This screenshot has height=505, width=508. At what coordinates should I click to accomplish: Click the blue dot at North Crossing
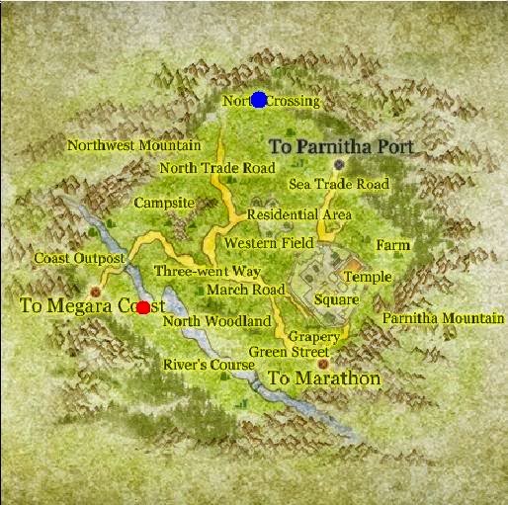click(259, 100)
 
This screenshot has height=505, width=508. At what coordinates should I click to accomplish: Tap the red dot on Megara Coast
click(143, 307)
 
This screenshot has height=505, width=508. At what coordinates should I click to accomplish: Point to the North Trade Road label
click(217, 168)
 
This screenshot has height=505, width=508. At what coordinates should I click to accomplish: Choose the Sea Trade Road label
click(339, 185)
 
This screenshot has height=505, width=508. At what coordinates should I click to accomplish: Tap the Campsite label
click(164, 203)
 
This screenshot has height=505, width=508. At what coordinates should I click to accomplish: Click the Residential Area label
click(299, 214)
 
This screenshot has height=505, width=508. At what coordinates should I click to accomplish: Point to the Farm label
click(392, 245)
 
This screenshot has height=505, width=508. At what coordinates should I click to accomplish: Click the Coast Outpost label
click(79, 259)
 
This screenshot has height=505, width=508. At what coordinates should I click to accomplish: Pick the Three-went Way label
click(208, 271)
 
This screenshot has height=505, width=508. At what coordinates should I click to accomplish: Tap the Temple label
click(367, 278)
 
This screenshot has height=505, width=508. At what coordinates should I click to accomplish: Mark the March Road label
click(245, 290)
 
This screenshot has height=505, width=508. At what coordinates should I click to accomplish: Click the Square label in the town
click(336, 299)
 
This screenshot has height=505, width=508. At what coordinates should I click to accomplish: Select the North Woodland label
click(216, 321)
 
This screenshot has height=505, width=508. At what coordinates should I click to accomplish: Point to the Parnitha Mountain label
click(443, 319)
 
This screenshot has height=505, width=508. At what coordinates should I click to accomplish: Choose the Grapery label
click(314, 337)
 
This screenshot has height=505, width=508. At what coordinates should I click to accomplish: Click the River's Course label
click(209, 365)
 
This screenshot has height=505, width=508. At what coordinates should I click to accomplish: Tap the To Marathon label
click(323, 379)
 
